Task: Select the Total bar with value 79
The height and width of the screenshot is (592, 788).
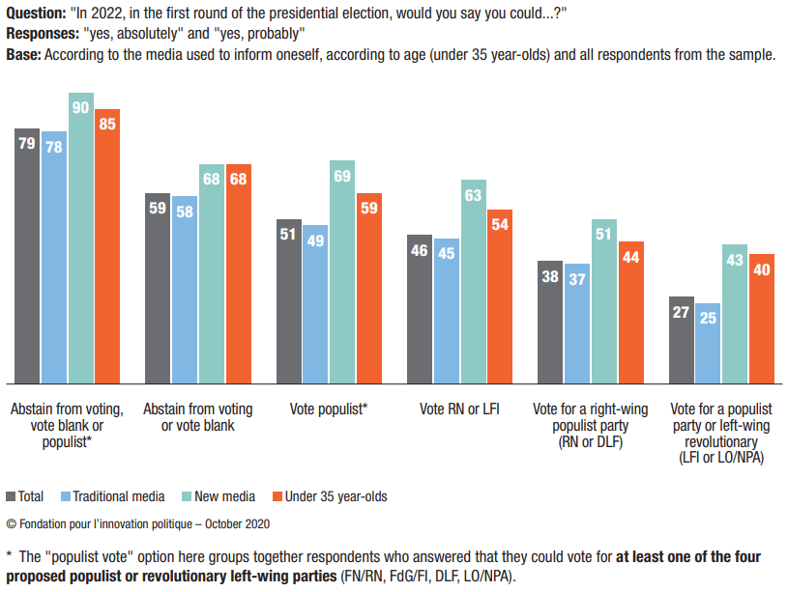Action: point(27,255)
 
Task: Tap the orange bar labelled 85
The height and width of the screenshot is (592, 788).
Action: point(107,245)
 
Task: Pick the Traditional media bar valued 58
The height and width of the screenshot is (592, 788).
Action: point(185,289)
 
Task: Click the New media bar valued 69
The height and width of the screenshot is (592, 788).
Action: point(343,271)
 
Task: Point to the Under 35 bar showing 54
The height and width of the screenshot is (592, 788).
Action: point(500,296)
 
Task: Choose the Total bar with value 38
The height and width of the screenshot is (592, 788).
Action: point(551,322)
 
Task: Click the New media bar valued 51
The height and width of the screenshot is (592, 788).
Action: point(604,300)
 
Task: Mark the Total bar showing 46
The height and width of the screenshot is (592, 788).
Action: point(420,308)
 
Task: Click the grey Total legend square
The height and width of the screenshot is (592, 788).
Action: point(12,496)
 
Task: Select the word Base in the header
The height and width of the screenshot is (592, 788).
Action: point(21,54)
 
